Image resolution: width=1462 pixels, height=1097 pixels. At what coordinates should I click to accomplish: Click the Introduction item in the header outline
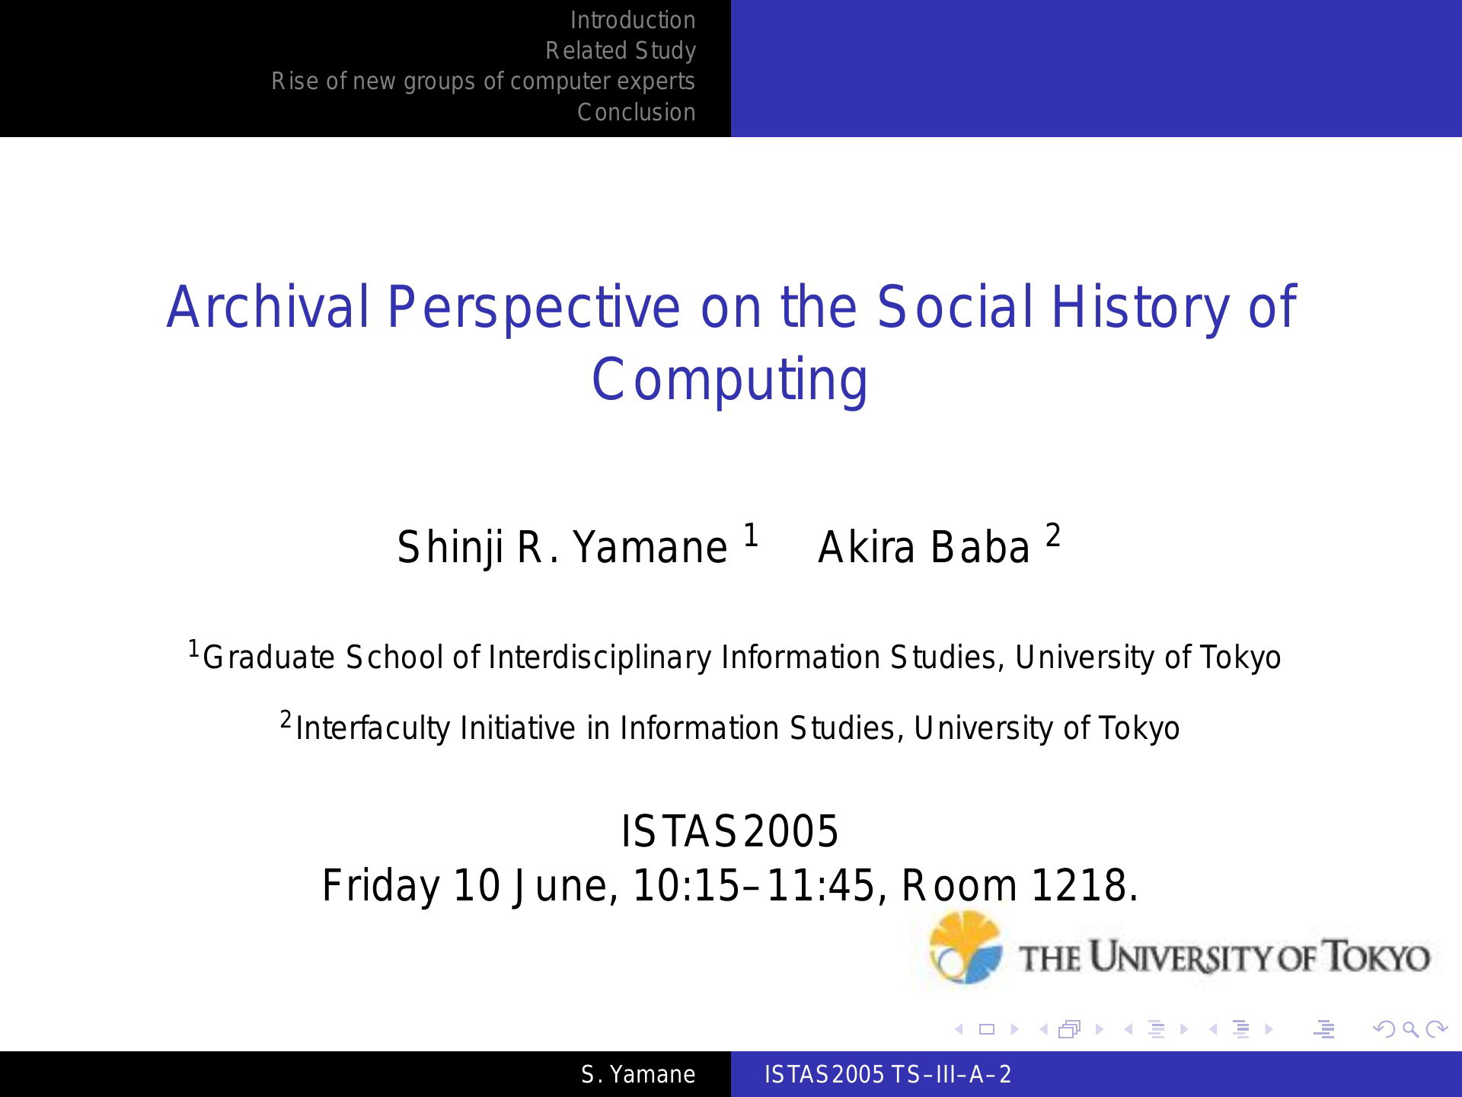pos(633,21)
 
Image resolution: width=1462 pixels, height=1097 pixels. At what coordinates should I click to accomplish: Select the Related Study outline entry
pos(621,51)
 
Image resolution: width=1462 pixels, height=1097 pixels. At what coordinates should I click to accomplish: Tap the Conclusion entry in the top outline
pos(637,112)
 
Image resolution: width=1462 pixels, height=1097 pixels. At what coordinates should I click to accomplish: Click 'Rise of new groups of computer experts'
pos(484,82)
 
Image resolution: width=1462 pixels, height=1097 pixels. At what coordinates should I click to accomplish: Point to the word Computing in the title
pos(729,380)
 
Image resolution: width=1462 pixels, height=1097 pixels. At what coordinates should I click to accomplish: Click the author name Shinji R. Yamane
pos(562,548)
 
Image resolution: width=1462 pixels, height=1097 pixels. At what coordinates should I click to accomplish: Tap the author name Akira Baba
pos(924,548)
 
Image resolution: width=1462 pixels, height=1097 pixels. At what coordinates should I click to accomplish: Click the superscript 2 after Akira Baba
pos(1053,536)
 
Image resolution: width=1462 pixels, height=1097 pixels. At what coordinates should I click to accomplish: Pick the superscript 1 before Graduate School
pos(193,649)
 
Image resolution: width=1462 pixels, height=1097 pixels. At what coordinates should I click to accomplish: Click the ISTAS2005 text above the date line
pos(729,831)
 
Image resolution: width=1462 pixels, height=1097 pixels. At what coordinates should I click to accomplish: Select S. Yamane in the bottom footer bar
pos(638,1075)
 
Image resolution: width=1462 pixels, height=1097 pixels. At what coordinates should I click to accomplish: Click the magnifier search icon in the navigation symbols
pos(1411,1030)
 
